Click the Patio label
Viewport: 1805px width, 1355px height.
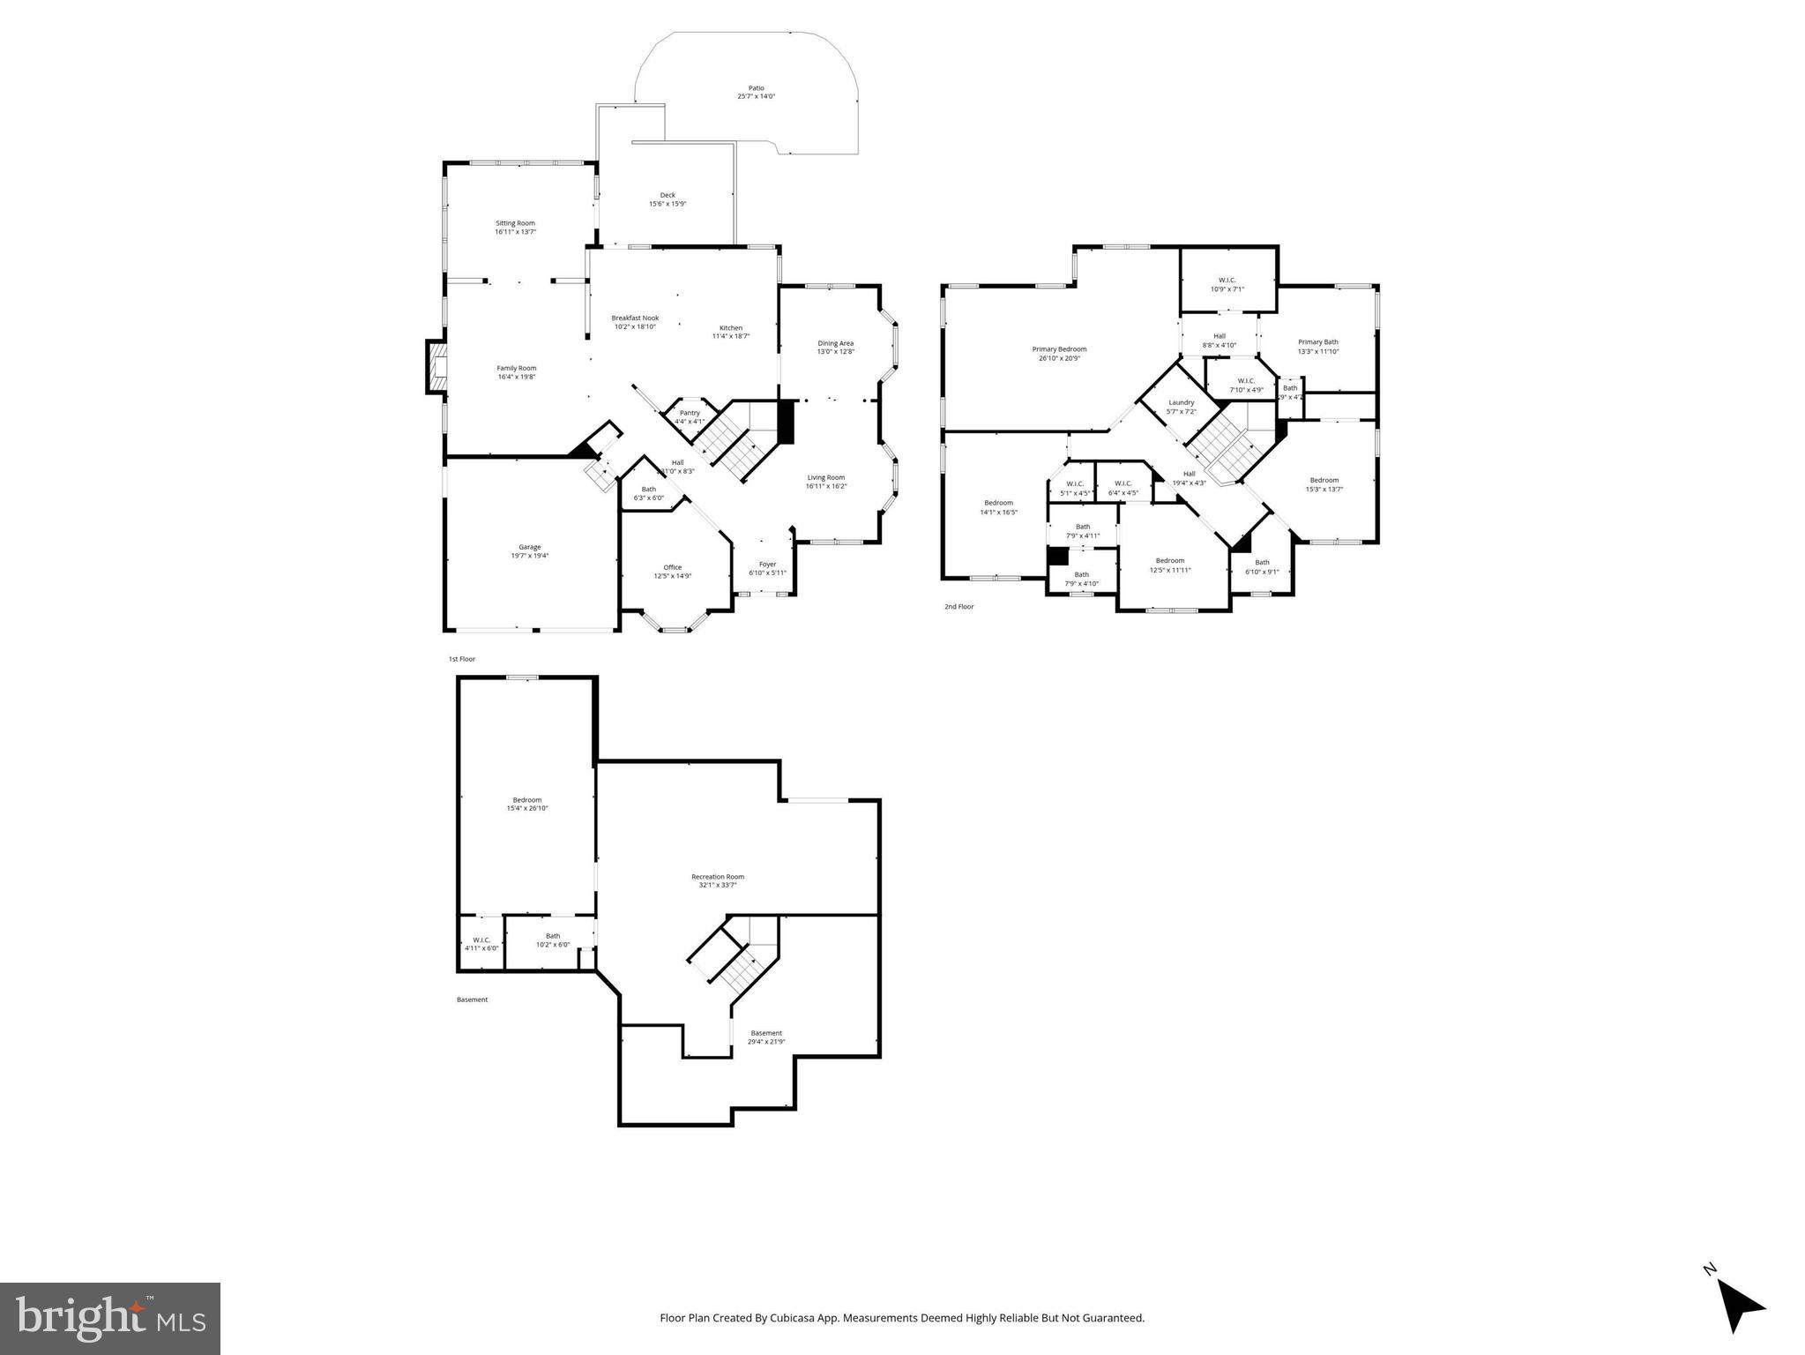[756, 92]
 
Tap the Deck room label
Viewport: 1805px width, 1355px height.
[668, 199]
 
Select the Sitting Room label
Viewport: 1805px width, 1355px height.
[515, 227]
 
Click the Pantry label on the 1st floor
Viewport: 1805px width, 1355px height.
[690, 416]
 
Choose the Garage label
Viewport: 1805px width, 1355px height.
[529, 551]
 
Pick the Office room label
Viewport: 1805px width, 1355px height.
[672, 572]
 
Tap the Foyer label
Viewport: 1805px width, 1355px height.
[767, 568]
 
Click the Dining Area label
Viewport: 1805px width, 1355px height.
[835, 348]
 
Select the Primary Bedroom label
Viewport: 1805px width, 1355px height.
[1059, 353]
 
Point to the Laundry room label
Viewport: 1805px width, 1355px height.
[1181, 407]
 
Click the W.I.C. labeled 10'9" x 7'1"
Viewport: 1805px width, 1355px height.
[1227, 284]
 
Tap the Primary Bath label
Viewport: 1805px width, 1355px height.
[1317, 346]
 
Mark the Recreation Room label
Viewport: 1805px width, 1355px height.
[717, 880]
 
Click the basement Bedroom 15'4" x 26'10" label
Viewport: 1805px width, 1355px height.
[527, 804]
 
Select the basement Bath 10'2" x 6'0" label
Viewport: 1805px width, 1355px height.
[553, 940]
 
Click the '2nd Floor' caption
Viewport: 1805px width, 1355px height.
[958, 607]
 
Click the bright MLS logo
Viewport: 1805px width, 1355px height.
[110, 1317]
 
